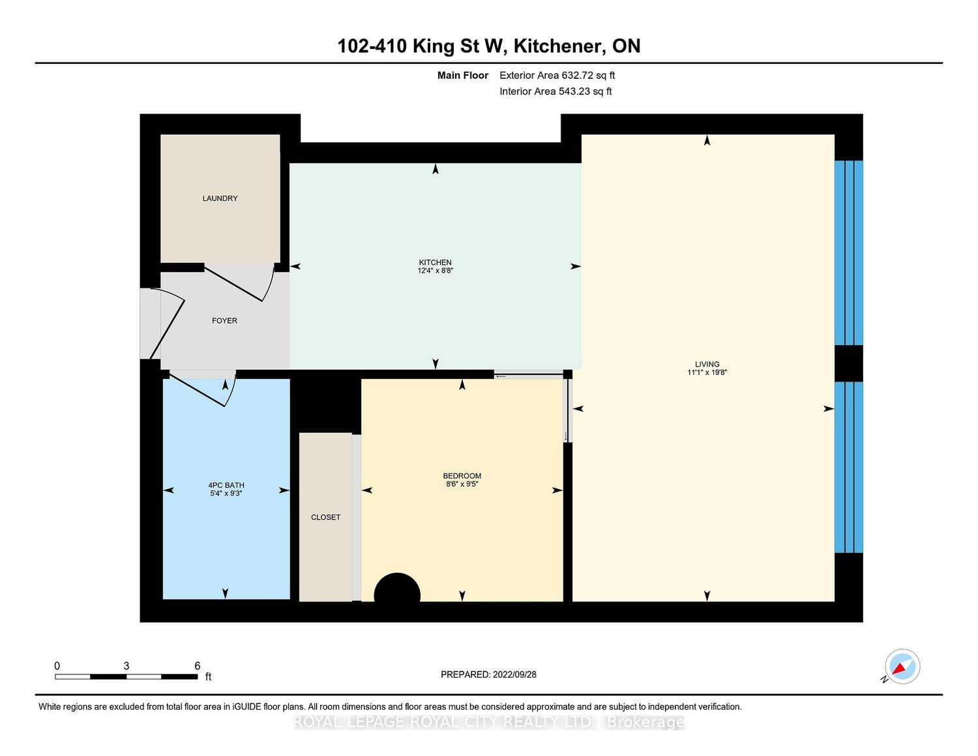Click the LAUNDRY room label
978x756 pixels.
[220, 198]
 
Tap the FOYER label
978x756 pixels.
[224, 320]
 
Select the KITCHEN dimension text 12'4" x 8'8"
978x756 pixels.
[435, 271]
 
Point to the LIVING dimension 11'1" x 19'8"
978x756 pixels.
[707, 372]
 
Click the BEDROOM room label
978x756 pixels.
[462, 476]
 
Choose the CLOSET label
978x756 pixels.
[325, 517]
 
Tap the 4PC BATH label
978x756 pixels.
[226, 485]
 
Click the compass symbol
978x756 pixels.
[902, 667]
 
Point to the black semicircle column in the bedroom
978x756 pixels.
[397, 587]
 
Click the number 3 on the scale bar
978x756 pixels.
[126, 666]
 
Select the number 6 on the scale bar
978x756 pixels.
[197, 666]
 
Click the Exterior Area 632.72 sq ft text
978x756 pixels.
[557, 76]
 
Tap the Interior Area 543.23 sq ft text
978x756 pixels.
[556, 91]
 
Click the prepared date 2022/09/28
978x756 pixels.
[514, 674]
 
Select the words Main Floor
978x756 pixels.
[463, 76]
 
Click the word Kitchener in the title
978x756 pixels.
[559, 46]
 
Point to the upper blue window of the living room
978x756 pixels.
[849, 252]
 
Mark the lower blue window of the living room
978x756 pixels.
[849, 467]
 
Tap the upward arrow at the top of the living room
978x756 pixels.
[707, 140]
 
